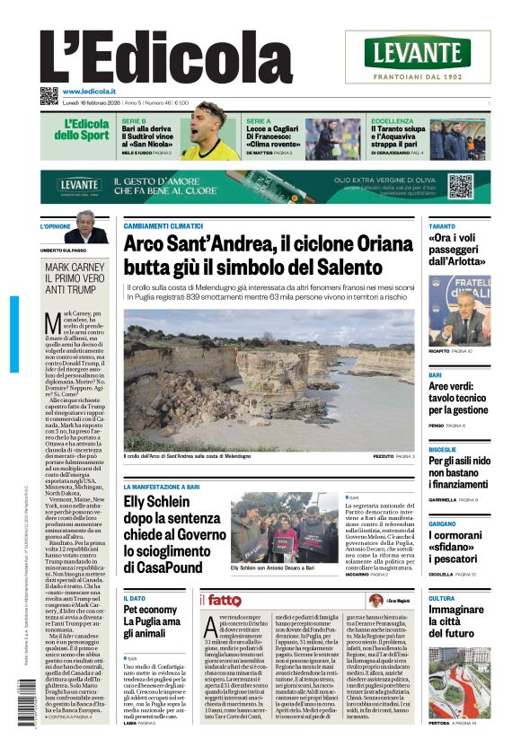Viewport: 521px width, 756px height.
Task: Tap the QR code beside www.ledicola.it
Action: pyautogui.click(x=49, y=95)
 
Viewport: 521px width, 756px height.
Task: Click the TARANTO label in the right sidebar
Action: pyautogui.click(x=442, y=226)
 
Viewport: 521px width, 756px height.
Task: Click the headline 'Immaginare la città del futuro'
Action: pyautogui.click(x=458, y=620)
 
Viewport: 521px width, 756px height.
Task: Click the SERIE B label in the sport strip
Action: pyautogui.click(x=134, y=120)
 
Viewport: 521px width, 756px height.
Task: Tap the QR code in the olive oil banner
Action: pyautogui.click(x=460, y=186)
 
